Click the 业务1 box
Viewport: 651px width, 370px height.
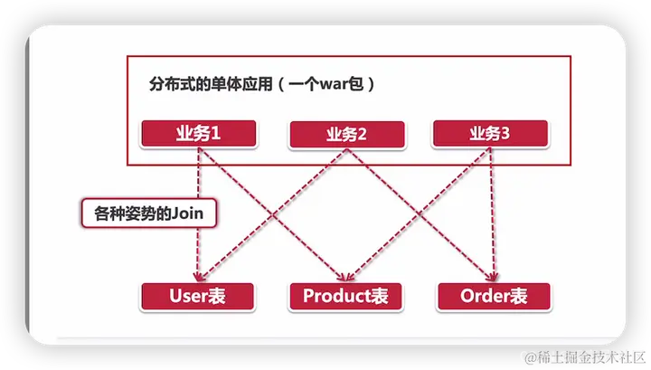[198, 133]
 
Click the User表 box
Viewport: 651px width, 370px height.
[198, 295]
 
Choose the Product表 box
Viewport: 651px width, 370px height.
[346, 295]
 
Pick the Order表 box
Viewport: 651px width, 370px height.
[493, 295]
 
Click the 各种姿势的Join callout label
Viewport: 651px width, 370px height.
[150, 213]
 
